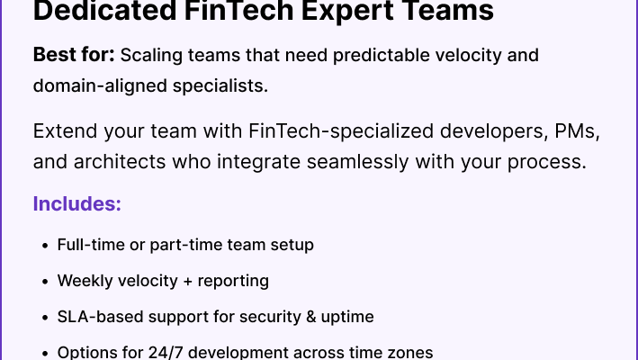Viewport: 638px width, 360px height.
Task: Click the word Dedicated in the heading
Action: [105, 10]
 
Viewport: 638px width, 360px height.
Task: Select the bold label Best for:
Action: [74, 55]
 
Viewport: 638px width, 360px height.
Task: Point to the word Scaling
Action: [151, 56]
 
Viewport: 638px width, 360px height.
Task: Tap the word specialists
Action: [220, 86]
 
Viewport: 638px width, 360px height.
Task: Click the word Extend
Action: [65, 131]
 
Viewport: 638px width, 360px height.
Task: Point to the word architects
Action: [120, 161]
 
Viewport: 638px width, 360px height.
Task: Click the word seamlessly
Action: [357, 162]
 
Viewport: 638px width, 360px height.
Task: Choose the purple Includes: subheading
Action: [77, 203]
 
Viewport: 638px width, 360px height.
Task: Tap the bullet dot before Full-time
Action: [45, 246]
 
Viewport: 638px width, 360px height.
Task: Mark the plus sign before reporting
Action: [187, 282]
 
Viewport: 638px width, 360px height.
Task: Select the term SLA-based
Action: [100, 317]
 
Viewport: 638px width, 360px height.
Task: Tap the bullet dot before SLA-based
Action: [45, 318]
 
